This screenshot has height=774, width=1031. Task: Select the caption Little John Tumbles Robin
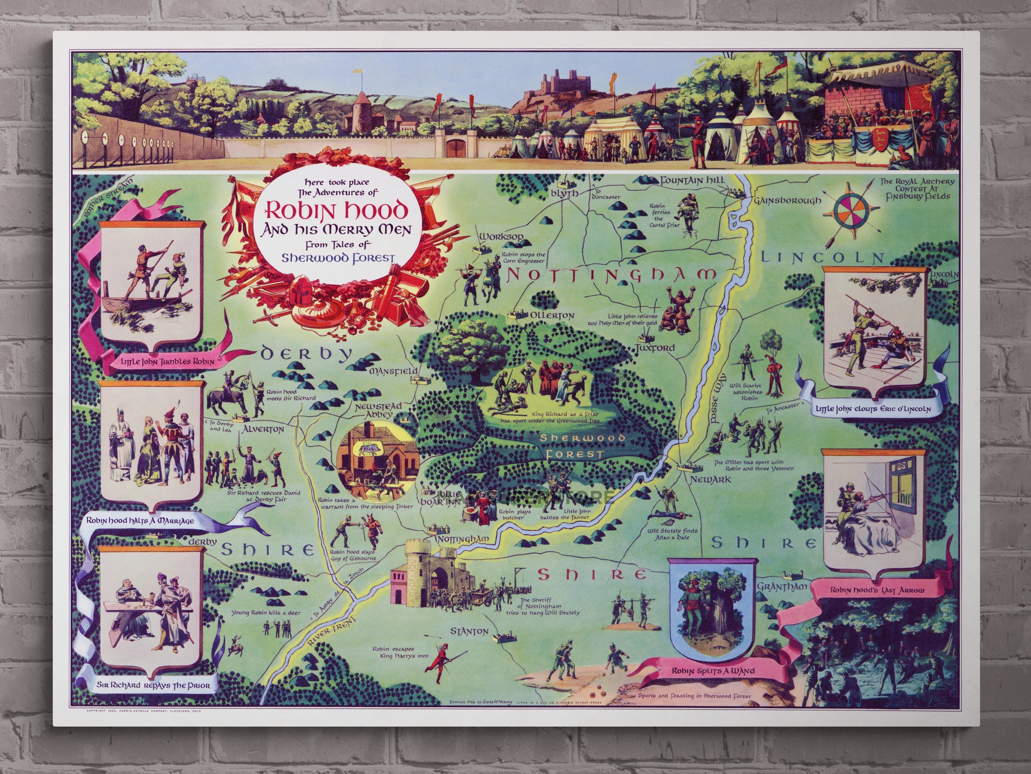pos(168,362)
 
